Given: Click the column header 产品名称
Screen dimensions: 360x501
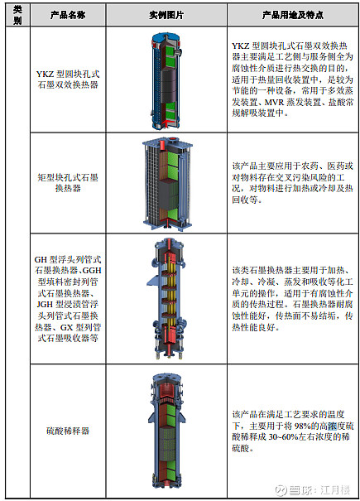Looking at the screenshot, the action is (68, 15).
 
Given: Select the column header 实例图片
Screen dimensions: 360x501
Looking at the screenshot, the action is (166, 15).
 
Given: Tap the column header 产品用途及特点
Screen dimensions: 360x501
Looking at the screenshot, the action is (293, 15).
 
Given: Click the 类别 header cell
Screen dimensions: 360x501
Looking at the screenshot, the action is (17, 15).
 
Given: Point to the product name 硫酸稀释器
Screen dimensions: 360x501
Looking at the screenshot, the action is (68, 431).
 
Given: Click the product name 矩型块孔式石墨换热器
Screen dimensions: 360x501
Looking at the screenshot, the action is (68, 183).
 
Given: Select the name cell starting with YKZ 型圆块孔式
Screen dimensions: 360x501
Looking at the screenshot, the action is (68, 79).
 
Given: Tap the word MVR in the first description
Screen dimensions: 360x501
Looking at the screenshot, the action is (274, 102).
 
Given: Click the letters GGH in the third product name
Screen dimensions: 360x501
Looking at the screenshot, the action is (92, 271).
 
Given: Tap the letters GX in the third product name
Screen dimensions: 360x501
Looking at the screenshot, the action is (67, 327).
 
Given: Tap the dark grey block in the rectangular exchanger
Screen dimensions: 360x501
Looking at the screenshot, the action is (168, 195).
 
